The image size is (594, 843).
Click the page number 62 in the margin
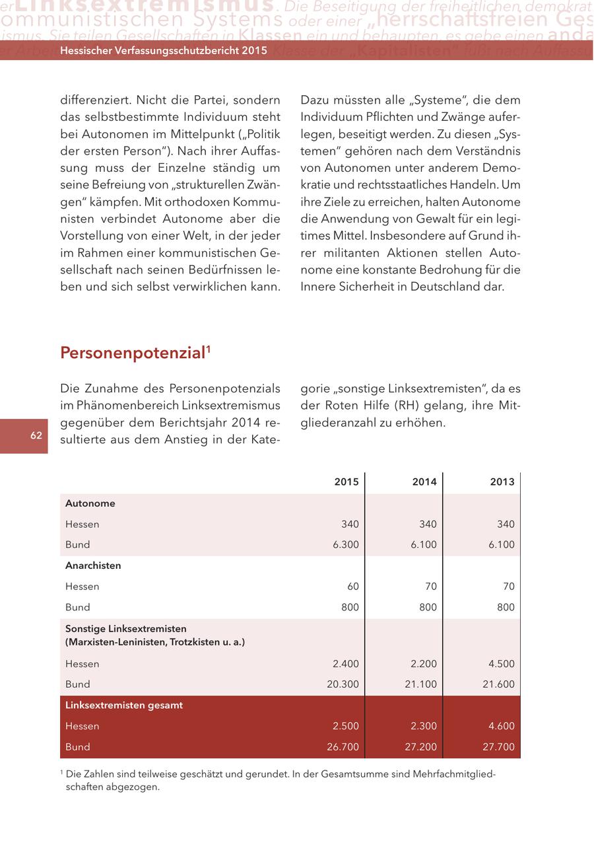(x=36, y=435)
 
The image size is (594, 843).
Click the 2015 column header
(x=346, y=482)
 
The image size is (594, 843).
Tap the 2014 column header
(x=424, y=482)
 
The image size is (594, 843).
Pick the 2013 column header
(x=502, y=482)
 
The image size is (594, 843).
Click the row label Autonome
(x=90, y=503)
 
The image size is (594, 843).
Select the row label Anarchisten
(x=93, y=566)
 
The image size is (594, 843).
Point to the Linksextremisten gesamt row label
(x=124, y=705)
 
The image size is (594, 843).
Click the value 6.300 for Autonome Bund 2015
(x=346, y=545)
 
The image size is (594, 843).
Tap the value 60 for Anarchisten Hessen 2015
(x=352, y=587)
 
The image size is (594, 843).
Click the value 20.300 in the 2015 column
(x=343, y=684)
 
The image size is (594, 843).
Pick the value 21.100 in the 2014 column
(x=421, y=684)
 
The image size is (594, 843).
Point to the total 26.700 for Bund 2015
(x=343, y=747)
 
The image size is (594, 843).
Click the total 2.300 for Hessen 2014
(x=424, y=726)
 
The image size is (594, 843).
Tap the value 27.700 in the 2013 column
(x=498, y=747)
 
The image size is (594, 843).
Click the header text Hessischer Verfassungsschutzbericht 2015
(x=164, y=51)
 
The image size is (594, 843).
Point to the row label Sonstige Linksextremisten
(x=126, y=628)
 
